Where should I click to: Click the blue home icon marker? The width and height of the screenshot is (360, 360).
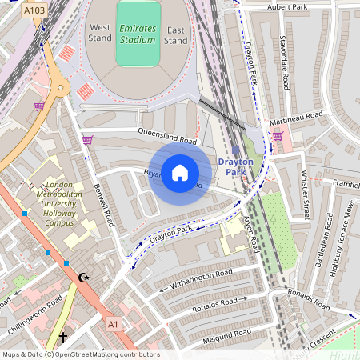(x=179, y=171)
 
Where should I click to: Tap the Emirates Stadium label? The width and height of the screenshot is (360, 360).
(x=137, y=33)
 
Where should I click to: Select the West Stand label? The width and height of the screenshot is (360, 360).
(x=100, y=33)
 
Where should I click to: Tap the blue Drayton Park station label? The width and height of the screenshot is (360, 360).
(x=235, y=166)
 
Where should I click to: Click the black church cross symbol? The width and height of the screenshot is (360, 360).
(x=63, y=338)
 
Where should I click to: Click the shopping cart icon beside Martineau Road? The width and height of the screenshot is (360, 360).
(x=277, y=136)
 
